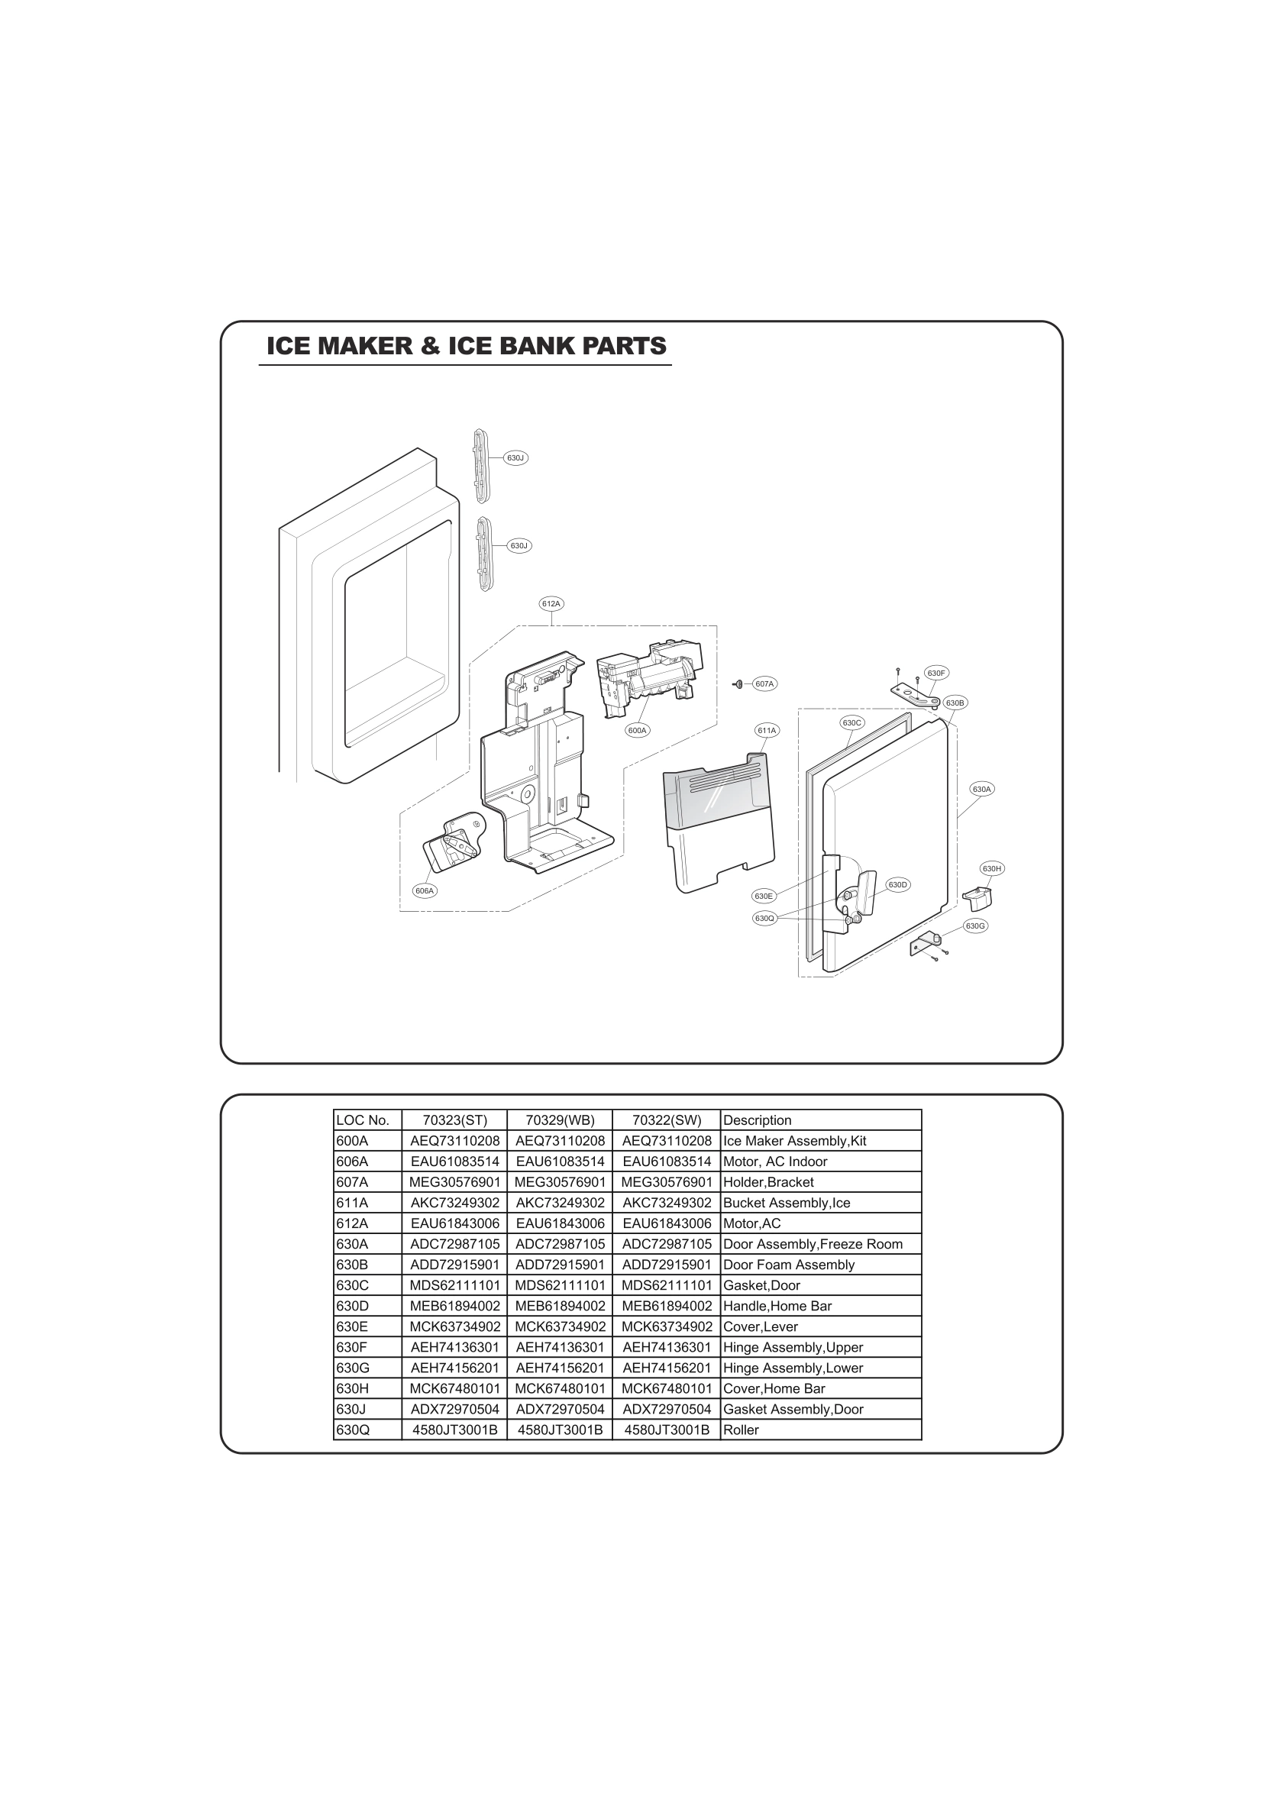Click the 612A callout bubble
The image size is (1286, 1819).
551,604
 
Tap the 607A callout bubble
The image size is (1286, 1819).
764,683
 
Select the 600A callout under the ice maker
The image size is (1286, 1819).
637,731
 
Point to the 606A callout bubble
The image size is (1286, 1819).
425,890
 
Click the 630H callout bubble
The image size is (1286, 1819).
992,868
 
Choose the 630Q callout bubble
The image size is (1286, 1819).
764,918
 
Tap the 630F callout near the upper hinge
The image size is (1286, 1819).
935,673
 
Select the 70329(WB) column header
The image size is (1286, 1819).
560,1120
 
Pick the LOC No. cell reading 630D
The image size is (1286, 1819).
353,1306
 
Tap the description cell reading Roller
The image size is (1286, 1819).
741,1430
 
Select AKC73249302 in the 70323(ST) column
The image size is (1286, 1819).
455,1203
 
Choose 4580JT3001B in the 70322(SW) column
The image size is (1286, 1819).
667,1430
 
